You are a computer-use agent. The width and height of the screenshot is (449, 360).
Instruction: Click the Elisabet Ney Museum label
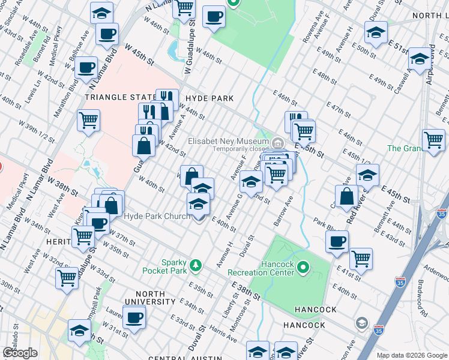[228, 142]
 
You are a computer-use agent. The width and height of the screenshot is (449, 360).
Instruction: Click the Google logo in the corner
[20, 353]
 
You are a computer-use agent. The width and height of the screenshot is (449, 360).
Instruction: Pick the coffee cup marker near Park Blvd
[337, 241]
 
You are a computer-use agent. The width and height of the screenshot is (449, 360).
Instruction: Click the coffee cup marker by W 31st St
[134, 316]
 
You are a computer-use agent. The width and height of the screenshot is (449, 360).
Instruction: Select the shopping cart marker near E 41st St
[361, 258]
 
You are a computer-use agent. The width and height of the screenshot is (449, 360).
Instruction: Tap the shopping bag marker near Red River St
[348, 195]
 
